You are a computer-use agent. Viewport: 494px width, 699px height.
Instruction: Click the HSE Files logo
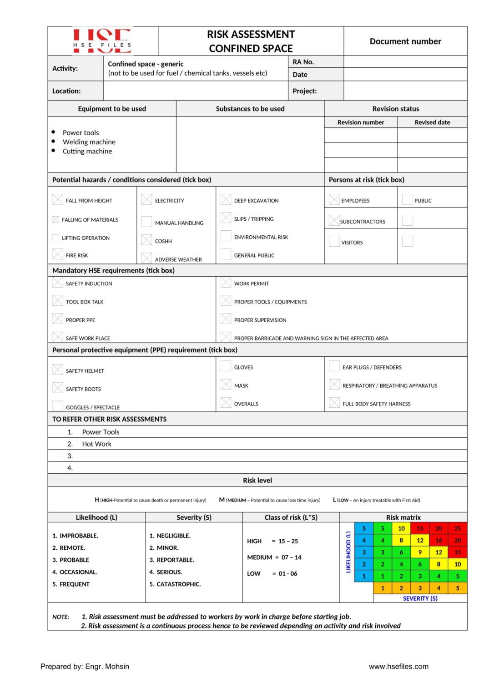tap(102, 41)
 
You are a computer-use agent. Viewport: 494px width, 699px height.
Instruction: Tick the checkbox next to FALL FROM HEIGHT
tap(58, 199)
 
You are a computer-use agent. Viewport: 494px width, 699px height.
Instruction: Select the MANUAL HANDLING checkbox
tap(146, 222)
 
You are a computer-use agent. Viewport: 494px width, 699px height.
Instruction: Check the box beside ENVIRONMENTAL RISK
tap(226, 236)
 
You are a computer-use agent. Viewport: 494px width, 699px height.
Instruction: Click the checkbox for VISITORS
tap(334, 241)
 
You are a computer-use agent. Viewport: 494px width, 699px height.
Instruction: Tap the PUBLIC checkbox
tap(408, 199)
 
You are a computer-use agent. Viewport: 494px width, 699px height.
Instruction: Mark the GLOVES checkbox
tap(226, 366)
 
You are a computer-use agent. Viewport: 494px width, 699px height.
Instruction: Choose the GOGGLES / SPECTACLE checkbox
tap(58, 406)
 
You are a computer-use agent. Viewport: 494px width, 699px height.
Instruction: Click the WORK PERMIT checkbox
tap(226, 282)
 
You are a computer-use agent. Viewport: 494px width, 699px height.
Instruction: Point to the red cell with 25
tap(457, 528)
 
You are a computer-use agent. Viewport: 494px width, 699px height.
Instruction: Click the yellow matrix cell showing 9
tap(420, 552)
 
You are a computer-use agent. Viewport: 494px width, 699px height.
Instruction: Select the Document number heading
tap(405, 41)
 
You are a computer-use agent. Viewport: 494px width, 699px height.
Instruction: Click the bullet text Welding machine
tap(89, 142)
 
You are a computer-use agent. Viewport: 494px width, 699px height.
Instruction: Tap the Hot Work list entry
tap(96, 444)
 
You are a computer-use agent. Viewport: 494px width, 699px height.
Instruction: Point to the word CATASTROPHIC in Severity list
tap(178, 584)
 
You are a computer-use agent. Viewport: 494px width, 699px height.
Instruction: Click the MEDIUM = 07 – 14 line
tap(274, 557)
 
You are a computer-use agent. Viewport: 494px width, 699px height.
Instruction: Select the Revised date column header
tap(432, 122)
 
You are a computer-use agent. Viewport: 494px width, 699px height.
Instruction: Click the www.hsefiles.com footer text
tap(398, 666)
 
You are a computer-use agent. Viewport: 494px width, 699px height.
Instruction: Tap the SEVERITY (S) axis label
tap(420, 598)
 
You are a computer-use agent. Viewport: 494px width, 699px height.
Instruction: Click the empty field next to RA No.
tap(405, 62)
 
